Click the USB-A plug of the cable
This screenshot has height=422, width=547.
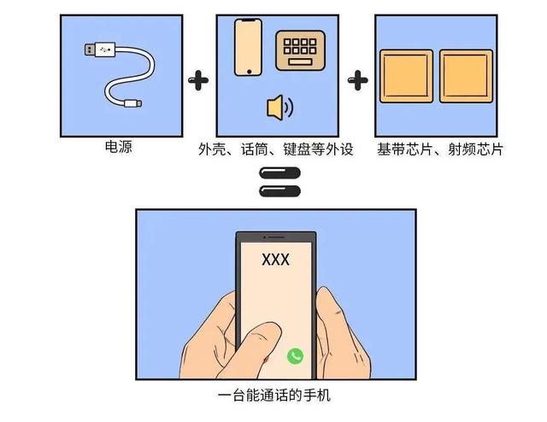coord(97,50)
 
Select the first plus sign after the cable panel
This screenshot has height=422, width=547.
coord(198,81)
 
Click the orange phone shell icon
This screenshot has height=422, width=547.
coord(248,46)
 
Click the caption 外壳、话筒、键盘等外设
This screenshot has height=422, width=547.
coord(276,149)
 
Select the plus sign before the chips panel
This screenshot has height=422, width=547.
coord(358,81)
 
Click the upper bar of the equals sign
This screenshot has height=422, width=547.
coord(279,175)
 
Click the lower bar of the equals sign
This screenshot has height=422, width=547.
coord(279,192)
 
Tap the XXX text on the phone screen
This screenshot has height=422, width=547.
coord(275,259)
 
